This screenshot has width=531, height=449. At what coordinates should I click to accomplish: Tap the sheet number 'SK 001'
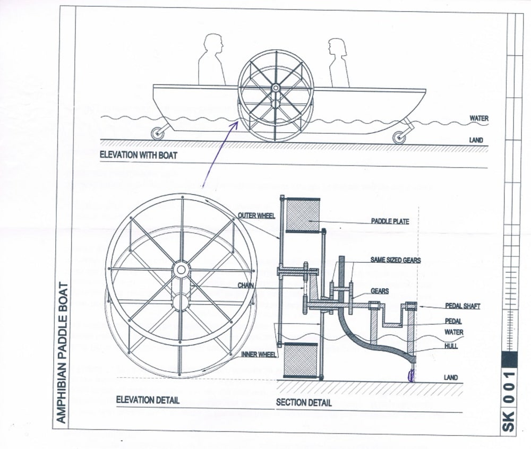(x=509, y=402)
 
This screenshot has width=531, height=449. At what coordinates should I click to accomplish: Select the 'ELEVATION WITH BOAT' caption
(x=139, y=156)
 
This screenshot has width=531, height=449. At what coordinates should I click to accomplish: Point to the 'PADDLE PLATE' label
(x=390, y=221)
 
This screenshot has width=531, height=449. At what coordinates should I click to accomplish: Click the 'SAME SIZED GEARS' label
(x=396, y=260)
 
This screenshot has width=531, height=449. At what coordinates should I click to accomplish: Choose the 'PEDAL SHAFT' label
(x=463, y=306)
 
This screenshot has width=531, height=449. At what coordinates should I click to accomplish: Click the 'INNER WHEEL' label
(x=259, y=354)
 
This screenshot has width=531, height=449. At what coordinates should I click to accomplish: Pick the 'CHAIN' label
(x=245, y=286)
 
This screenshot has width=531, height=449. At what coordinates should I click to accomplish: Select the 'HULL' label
(x=452, y=346)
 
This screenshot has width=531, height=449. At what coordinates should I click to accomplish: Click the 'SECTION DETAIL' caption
(x=304, y=402)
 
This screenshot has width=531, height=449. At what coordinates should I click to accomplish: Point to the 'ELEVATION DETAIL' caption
(x=148, y=400)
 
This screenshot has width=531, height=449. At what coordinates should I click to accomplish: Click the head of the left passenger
(x=213, y=44)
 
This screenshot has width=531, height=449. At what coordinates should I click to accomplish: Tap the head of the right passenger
(x=337, y=47)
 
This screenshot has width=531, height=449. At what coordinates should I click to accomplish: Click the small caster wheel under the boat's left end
(x=158, y=133)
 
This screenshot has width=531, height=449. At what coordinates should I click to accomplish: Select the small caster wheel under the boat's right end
(x=399, y=137)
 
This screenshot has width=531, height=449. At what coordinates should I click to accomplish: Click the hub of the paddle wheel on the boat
(x=276, y=88)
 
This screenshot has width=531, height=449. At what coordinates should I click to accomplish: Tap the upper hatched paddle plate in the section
(x=303, y=214)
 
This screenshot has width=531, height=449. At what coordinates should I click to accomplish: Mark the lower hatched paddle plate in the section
(x=301, y=360)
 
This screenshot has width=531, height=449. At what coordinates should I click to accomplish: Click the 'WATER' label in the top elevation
(x=478, y=118)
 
